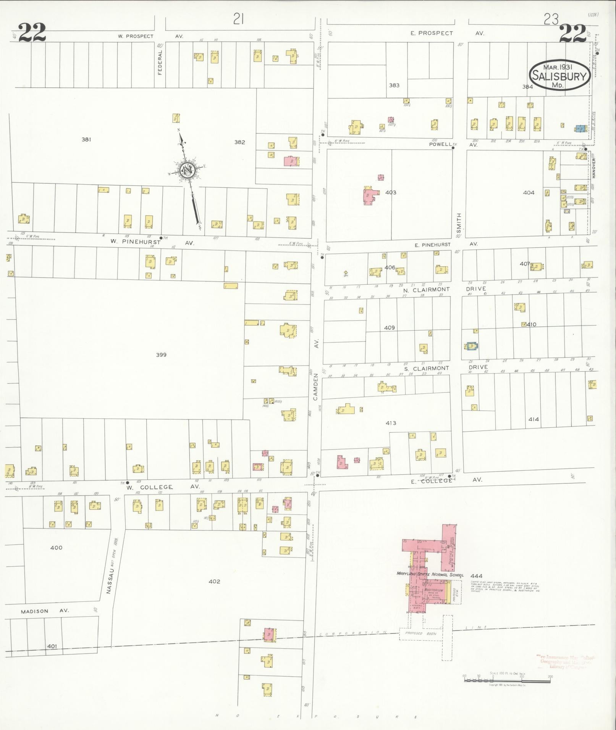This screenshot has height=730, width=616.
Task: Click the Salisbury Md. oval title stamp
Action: coord(559,75)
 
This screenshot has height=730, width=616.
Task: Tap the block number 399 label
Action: coord(161,355)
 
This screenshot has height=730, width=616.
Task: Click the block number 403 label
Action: coord(391,192)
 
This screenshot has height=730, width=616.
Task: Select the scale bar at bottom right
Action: coord(507,680)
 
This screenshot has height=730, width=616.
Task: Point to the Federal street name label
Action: coord(160,62)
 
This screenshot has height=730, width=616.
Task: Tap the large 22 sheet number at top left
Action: coord(32,33)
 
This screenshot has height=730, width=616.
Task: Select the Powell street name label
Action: coord(440,145)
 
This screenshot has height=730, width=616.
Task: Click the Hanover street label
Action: coord(593,168)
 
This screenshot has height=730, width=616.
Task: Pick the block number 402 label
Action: coord(214,581)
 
